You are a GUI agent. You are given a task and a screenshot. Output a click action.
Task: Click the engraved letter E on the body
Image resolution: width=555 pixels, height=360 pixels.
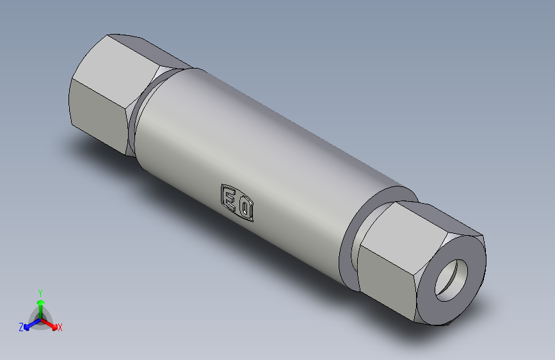coord(228,197)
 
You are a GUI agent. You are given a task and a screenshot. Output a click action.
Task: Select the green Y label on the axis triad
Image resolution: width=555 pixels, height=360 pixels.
coord(40,291)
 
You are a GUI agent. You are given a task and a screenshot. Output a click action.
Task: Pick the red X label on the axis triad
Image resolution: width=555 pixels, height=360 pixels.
coord(60,328)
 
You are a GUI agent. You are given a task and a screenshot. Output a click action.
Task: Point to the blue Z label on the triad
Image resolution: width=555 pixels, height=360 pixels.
coord(20,327)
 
